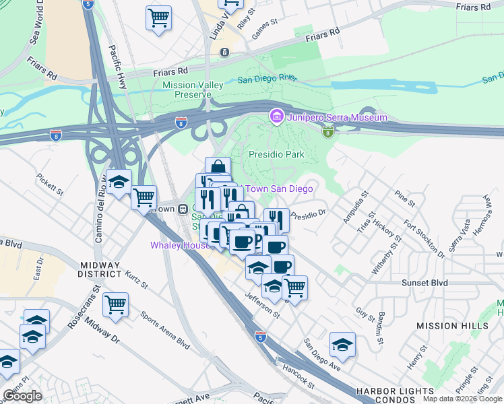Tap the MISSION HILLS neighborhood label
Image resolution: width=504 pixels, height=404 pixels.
pos(452,326)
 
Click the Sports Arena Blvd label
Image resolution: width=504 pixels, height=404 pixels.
pos(164,329)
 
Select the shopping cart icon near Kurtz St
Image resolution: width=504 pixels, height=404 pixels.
pos(115,304)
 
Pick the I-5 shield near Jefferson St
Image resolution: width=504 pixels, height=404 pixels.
pos(260,335)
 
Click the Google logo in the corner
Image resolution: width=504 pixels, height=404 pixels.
pos(22,395)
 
